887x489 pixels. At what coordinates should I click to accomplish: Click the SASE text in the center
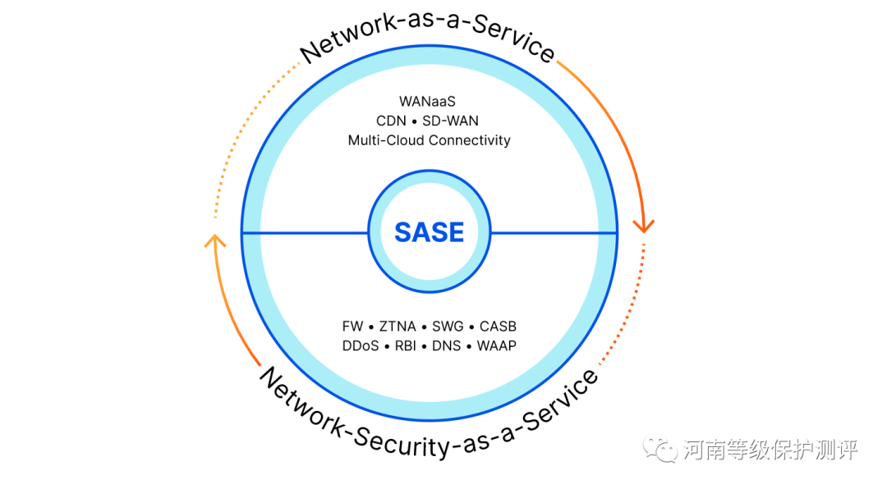[x=429, y=232]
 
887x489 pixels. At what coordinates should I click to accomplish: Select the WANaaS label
[x=427, y=102]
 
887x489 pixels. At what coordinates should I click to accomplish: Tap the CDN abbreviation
[x=391, y=121]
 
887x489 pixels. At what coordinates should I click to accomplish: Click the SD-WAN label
[x=450, y=121]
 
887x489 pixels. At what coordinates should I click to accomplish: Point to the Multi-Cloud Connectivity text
[x=429, y=140]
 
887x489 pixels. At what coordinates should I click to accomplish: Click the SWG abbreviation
[x=448, y=327]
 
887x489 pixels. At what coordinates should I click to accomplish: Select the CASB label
[x=498, y=327]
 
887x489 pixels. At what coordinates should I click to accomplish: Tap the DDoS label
[x=361, y=346]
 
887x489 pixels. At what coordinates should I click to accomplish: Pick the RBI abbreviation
[x=406, y=346]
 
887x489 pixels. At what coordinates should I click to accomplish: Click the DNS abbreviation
[x=446, y=346]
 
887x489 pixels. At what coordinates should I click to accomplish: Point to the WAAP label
[x=496, y=346]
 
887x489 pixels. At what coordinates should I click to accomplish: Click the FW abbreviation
[x=352, y=327]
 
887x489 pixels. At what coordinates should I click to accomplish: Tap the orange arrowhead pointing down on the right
[x=644, y=224]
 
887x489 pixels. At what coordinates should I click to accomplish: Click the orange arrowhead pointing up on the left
[x=214, y=241]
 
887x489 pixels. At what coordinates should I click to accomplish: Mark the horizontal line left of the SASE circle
[x=305, y=233]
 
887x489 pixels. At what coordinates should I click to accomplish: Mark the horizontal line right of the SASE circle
[x=554, y=233]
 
